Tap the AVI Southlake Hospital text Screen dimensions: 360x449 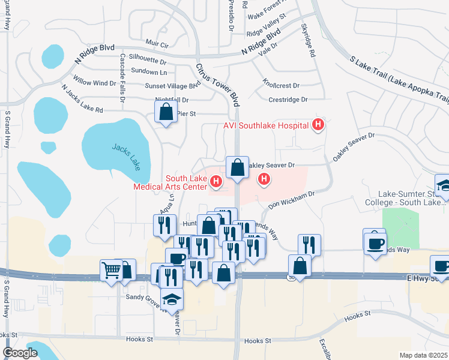pyautogui.click(x=266, y=125)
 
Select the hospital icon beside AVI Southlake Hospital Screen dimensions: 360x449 pyautogui.click(x=318, y=125)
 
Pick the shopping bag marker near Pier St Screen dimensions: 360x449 pyautogui.click(x=165, y=112)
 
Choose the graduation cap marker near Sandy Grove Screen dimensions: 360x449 pyautogui.click(x=172, y=299)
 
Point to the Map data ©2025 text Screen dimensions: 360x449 pyautogui.click(x=423, y=355)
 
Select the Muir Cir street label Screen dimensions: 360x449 pyautogui.click(x=157, y=43)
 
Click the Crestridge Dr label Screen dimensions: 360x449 pyautogui.click(x=288, y=100)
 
